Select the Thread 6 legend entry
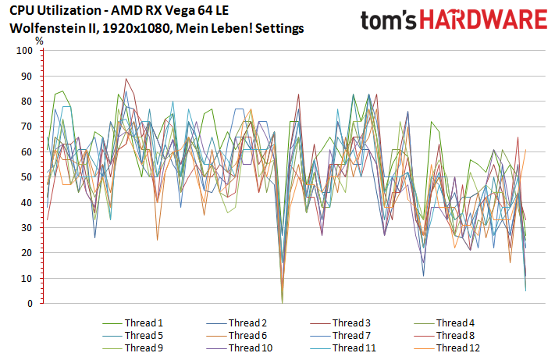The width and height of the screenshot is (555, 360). click(x=248, y=335)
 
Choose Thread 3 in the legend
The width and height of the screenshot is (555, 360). click(x=352, y=323)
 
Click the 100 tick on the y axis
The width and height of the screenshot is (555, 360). click(x=24, y=51)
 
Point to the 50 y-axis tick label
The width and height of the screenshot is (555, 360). click(x=27, y=177)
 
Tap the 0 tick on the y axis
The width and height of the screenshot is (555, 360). click(x=29, y=304)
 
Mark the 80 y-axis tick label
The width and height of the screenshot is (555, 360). click(x=27, y=102)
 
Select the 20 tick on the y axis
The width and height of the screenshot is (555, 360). click(x=27, y=253)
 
